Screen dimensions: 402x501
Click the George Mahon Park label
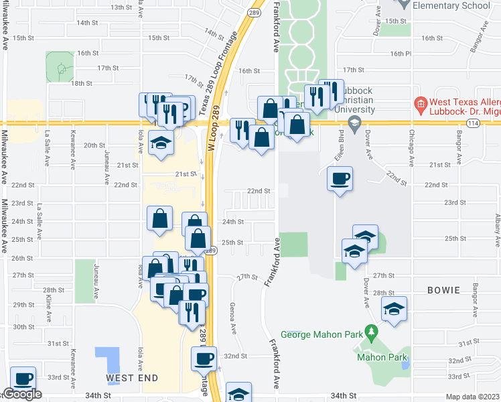321,334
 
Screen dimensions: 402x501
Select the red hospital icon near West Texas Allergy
420,104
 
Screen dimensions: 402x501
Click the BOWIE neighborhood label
441,290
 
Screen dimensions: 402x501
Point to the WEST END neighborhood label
132,378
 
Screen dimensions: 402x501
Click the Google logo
23,395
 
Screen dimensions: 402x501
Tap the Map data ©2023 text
472,397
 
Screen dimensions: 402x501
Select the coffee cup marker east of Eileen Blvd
340,179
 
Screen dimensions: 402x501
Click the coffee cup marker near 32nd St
205,358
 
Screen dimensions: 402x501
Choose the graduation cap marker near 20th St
161,143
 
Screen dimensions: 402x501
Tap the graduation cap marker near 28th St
395,309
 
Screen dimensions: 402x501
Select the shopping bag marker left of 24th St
160,218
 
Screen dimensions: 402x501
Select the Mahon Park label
382,358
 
